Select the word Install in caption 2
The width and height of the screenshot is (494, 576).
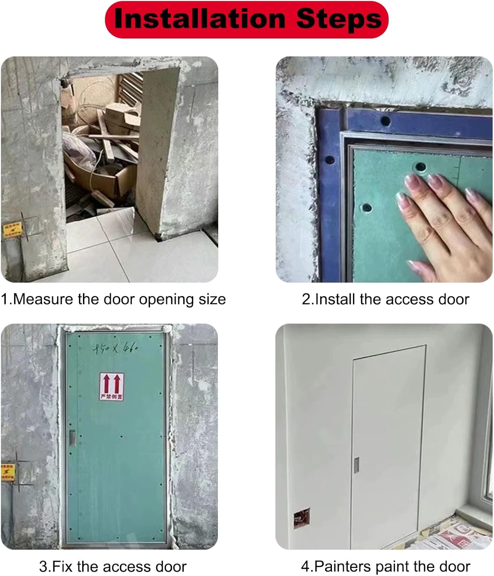tap(335, 299)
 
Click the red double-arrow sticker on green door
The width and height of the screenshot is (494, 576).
tap(111, 386)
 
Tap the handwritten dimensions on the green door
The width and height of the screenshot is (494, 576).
tap(115, 349)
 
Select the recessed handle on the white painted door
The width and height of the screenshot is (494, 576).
tap(357, 465)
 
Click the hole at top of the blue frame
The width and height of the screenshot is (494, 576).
tap(385, 122)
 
